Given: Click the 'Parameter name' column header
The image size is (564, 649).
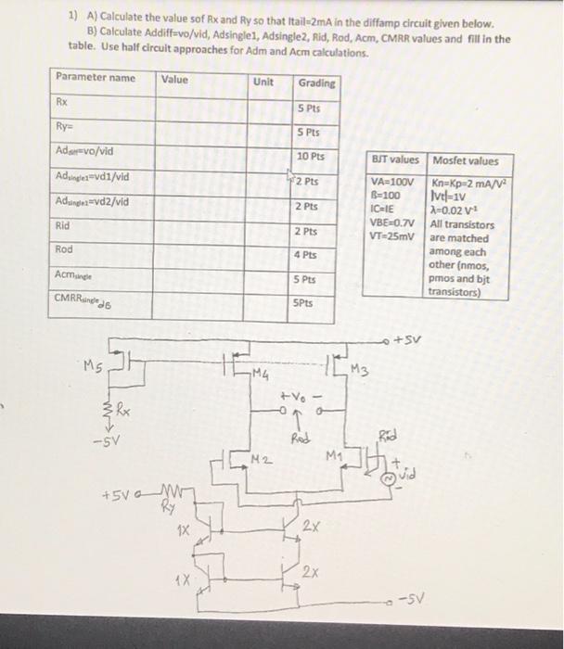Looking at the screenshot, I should [x=96, y=77].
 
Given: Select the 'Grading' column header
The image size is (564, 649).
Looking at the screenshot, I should [x=317, y=83].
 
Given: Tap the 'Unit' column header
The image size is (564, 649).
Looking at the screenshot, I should [x=263, y=82].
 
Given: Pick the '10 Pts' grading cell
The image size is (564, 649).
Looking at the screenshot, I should [x=312, y=157].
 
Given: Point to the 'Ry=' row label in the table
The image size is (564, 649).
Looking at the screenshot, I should [x=67, y=127].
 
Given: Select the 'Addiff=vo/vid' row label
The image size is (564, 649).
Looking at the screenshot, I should [x=92, y=151].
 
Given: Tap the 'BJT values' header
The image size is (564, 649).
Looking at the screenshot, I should [x=395, y=160].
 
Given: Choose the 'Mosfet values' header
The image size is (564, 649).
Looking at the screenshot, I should [x=466, y=160].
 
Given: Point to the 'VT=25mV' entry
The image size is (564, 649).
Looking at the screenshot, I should [x=390, y=237].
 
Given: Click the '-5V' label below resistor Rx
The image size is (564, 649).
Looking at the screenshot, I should [x=107, y=439].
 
